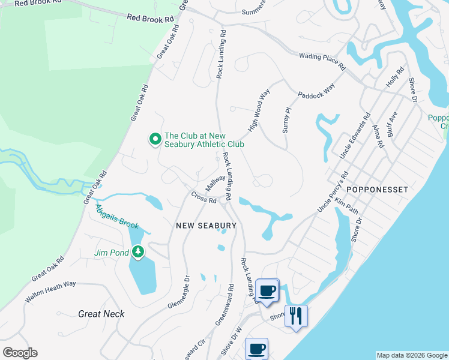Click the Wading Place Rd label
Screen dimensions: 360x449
click(x=322, y=60)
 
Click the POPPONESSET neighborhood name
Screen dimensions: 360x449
click(x=378, y=190)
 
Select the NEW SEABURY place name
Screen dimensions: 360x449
click(x=206, y=226)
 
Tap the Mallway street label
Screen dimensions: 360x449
click(x=215, y=182)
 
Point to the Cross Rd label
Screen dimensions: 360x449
click(x=204, y=197)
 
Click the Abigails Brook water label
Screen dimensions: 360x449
click(x=117, y=217)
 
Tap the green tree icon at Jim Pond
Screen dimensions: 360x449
click(x=139, y=251)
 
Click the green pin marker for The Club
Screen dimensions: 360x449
click(x=155, y=139)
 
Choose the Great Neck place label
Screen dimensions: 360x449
click(x=101, y=313)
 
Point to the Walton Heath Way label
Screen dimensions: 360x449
click(x=50, y=291)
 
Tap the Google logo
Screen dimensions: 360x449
click(x=20, y=353)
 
